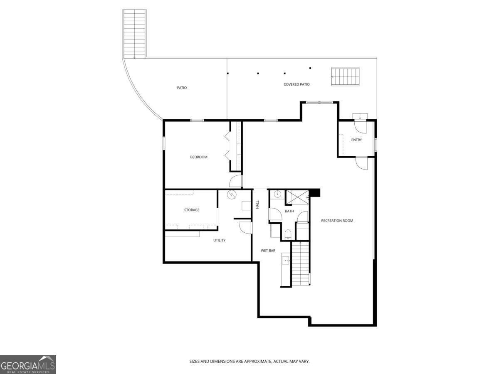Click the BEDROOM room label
[x=199, y=157]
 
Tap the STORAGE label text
[x=192, y=210]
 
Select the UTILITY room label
[x=220, y=240]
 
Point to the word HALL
[x=258, y=204]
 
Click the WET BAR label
[x=268, y=251]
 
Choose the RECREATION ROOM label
[x=337, y=221]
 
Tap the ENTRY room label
[x=356, y=140]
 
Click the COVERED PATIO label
[x=296, y=84]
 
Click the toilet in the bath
[x=288, y=234]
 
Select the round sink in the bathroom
[x=277, y=194]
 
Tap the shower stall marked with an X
[x=297, y=197]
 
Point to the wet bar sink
[x=286, y=261]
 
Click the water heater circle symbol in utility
[x=232, y=194]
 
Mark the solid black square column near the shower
[x=316, y=193]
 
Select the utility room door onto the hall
[x=245, y=227]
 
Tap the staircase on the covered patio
[x=345, y=77]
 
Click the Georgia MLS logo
[x=28, y=364]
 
